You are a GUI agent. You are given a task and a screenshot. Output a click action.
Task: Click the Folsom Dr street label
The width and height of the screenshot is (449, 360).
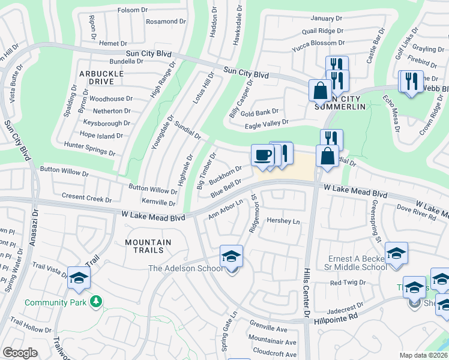[x=133, y=10]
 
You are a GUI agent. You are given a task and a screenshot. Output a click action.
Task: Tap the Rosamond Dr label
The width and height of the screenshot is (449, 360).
[x=164, y=22]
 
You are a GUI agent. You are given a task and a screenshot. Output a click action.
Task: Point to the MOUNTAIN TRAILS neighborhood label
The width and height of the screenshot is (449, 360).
[x=148, y=246]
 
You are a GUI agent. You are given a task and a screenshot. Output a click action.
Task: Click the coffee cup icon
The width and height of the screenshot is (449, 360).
[x=262, y=155]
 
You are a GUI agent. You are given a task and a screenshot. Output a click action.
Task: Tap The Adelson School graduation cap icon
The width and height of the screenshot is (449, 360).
[x=231, y=257]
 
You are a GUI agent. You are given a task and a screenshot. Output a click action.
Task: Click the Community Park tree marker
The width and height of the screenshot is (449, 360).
[x=95, y=300]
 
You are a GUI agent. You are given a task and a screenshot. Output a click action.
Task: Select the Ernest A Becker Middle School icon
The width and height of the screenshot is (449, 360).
[x=396, y=254]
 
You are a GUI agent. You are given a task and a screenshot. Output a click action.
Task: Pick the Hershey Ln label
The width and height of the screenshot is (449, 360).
[x=283, y=221]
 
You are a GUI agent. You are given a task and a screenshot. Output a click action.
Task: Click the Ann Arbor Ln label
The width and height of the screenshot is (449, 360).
[x=226, y=210]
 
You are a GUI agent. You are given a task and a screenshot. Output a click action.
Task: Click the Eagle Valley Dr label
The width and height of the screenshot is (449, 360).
[x=267, y=125]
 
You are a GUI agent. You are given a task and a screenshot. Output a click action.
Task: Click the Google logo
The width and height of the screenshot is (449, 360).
[x=20, y=353]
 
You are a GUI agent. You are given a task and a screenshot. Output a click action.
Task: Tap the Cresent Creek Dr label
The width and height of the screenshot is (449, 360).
[x=86, y=197]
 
